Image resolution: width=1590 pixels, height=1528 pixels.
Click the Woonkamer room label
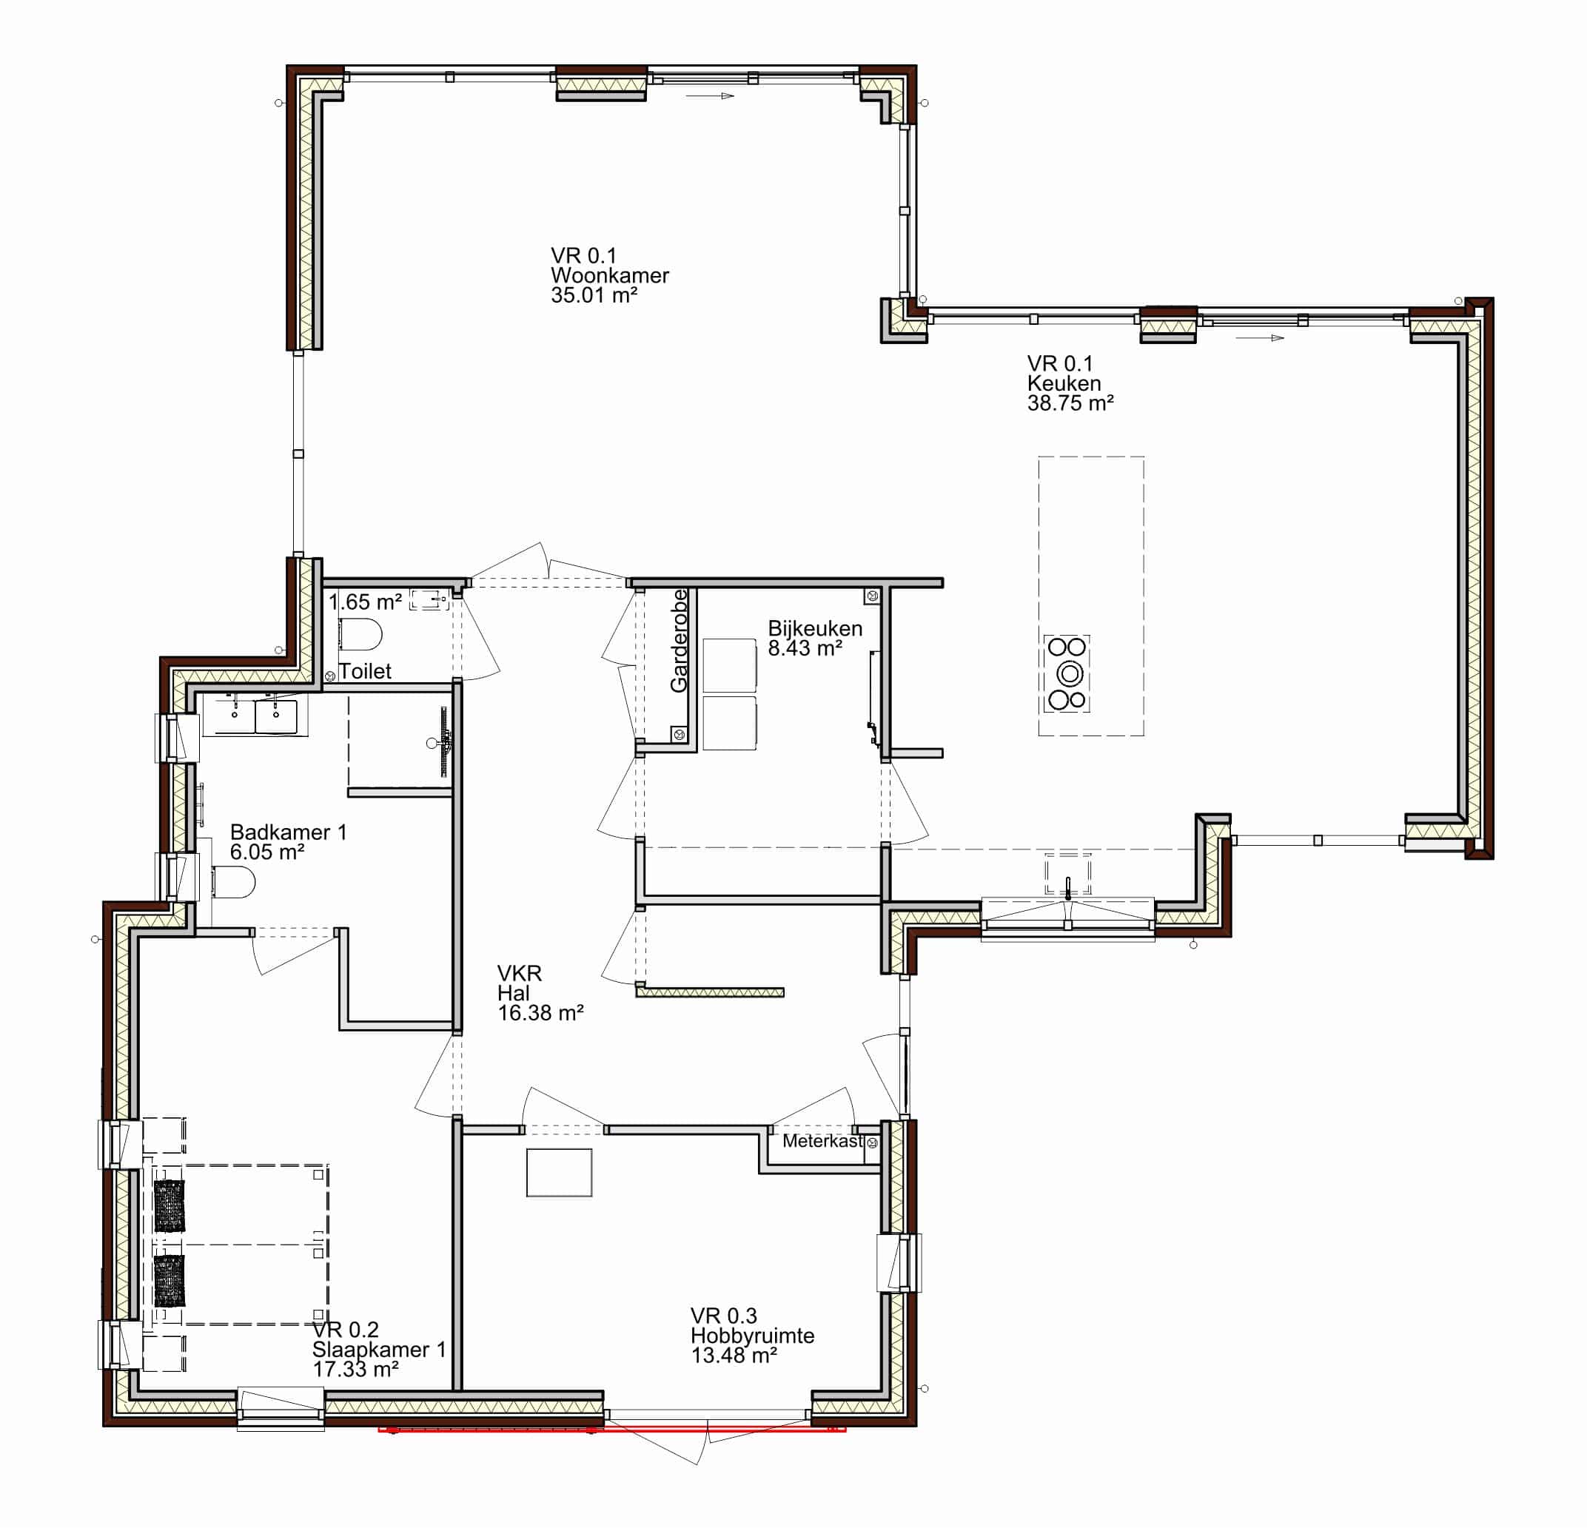pos(609,276)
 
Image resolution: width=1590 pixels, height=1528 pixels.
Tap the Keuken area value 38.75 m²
pos(1070,403)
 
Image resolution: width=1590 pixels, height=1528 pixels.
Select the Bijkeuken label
pos(814,627)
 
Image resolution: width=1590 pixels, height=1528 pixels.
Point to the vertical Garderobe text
pos(679,640)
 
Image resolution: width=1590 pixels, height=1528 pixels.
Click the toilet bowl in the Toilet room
pos(360,634)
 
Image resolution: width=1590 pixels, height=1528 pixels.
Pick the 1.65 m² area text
pos(365,602)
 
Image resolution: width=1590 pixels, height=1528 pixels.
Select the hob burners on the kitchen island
pos(1066,673)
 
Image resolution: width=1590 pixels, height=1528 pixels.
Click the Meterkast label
pos(822,1140)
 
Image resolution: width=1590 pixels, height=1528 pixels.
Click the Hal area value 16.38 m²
pos(540,1012)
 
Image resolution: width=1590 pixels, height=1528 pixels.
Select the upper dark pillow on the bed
pos(169,1205)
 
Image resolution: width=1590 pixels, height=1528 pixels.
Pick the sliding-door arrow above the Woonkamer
pos(710,95)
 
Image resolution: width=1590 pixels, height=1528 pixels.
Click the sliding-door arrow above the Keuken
pos(1260,337)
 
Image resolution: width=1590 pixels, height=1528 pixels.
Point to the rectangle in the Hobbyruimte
pos(559,1172)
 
